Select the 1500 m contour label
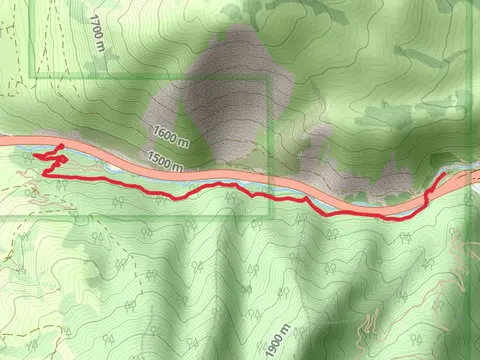pos(164,160)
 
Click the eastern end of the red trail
pos(444,174)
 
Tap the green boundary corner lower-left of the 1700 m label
pos(35,77)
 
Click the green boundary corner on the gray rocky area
pos(269,77)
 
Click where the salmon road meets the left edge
pos(3,141)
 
